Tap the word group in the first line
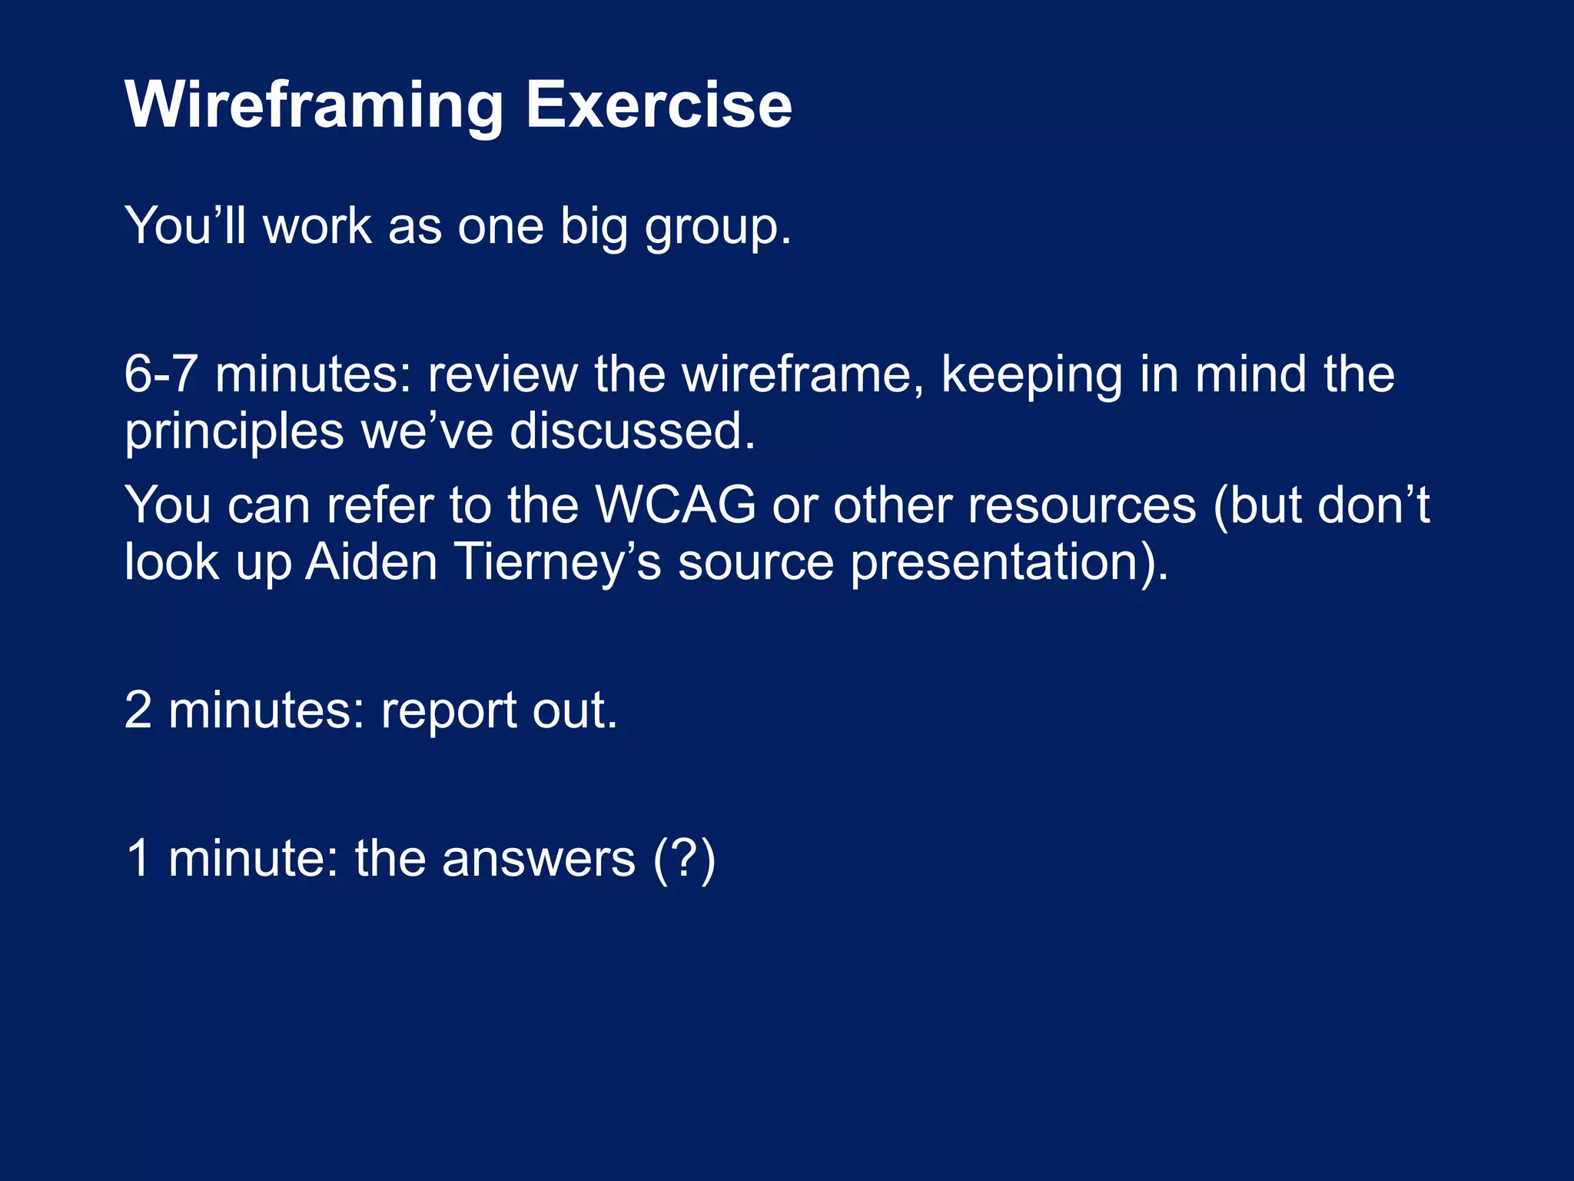pyautogui.click(x=717, y=228)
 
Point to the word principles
pyautogui.click(x=234, y=433)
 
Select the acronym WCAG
pyautogui.click(x=676, y=506)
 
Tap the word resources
pyautogui.click(x=1081, y=506)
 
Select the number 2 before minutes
pyautogui.click(x=138, y=710)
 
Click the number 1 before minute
pyautogui.click(x=138, y=858)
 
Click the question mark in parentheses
pyautogui.click(x=684, y=858)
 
